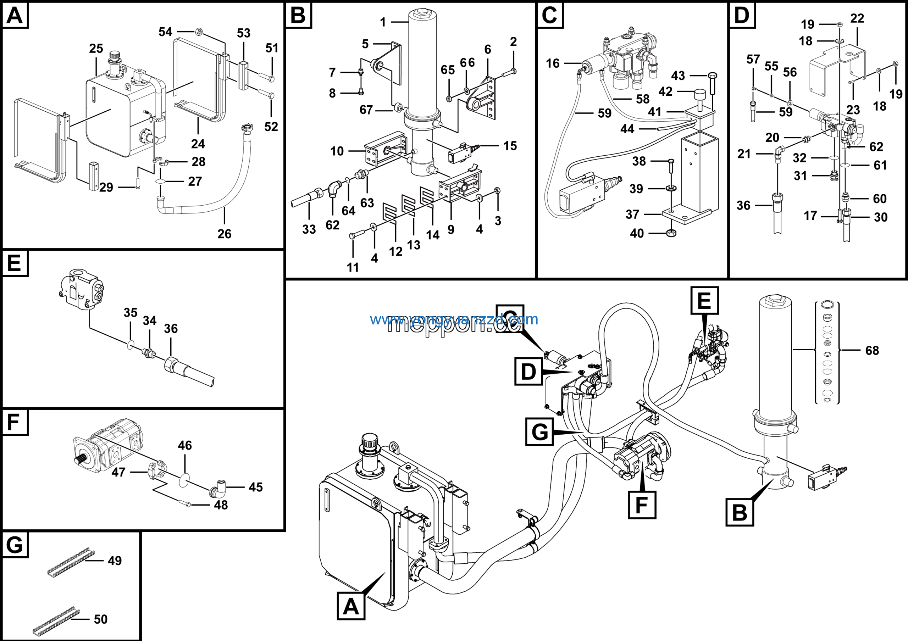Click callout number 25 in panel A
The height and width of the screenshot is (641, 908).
point(96,49)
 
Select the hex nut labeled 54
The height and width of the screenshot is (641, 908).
point(199,32)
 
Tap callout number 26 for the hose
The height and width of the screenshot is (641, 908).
point(224,234)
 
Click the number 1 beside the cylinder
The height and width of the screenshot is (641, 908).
point(382,22)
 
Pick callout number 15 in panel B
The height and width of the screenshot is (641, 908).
point(510,146)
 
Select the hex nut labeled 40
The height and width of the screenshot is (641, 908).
point(671,233)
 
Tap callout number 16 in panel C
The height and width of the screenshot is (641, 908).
point(553,63)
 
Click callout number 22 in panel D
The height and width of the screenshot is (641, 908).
point(857,18)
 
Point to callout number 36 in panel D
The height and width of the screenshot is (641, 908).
point(743,205)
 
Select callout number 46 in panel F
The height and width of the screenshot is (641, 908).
point(185,445)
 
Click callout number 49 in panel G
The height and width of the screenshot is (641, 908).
point(115,561)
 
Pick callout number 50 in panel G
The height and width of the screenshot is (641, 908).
point(100,619)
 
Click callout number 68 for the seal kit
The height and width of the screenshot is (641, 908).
point(872,350)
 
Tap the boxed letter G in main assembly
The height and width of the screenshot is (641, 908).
point(539,431)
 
